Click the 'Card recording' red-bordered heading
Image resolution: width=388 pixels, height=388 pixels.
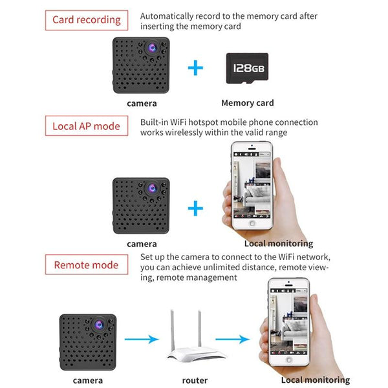(x=86, y=19)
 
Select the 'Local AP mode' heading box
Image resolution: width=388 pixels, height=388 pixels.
(x=86, y=125)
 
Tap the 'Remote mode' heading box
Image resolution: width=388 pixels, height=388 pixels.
(x=86, y=264)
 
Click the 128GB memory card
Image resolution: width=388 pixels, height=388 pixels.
(x=246, y=68)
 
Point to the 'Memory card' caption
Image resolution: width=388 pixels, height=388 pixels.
(x=247, y=103)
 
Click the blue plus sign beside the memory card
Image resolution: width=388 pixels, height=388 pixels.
(x=195, y=67)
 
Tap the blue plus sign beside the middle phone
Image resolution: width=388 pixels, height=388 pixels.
(x=195, y=208)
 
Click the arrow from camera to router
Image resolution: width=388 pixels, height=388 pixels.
(x=140, y=338)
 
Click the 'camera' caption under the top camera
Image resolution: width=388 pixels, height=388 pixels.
(x=142, y=103)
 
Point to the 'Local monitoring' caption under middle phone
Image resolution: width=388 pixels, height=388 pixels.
(x=278, y=244)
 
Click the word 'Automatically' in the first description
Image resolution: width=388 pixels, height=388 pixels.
(x=166, y=15)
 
